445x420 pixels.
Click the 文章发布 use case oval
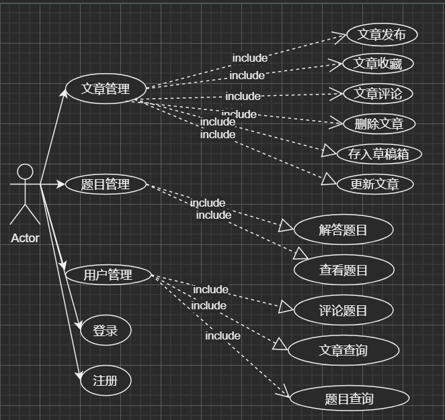click(x=382, y=35)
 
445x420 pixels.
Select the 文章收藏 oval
click(x=378, y=64)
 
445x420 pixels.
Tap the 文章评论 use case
click(x=377, y=93)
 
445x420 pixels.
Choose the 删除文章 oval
click(x=378, y=123)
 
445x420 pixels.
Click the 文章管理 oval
click(x=106, y=89)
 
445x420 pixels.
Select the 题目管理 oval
click(x=106, y=184)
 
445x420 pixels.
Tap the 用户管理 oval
click(x=108, y=274)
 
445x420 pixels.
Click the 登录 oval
click(x=105, y=330)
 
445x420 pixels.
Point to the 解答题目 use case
click(x=343, y=230)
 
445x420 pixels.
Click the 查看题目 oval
click(x=343, y=270)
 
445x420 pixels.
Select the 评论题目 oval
click(x=343, y=310)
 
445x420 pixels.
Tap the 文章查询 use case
click(x=343, y=350)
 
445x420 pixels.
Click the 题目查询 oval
click(x=349, y=399)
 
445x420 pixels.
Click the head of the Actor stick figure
click(x=25, y=171)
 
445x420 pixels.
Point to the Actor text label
click(x=25, y=238)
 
